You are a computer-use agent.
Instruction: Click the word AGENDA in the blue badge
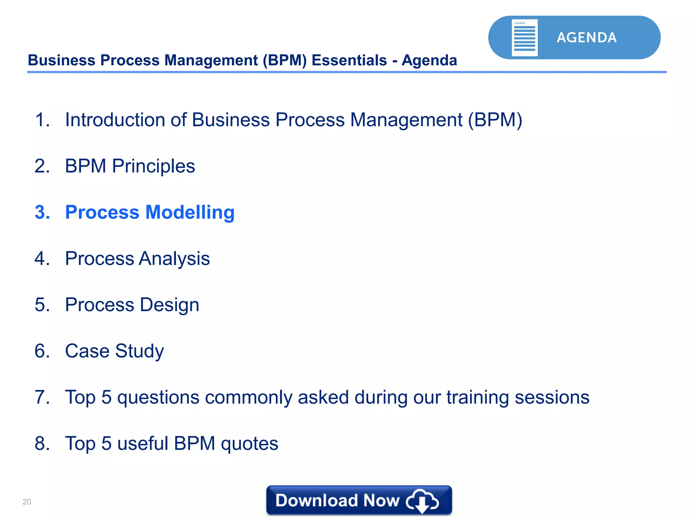coord(586,38)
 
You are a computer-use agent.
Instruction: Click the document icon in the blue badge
coord(524,38)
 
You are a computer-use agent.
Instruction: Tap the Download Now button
coord(359,500)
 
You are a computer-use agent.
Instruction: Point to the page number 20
coord(27,502)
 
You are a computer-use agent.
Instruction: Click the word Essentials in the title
coord(349,60)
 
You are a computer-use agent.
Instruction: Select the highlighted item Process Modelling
coord(150,212)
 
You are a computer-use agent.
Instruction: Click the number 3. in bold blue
coord(42,212)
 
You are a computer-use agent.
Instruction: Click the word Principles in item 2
coord(153,166)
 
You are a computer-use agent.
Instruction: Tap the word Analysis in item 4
coord(174,259)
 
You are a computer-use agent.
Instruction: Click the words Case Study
coord(114,351)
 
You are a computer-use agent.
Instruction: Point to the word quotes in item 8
coord(249,443)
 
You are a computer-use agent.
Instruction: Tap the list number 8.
coord(42,443)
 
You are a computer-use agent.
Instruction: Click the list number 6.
coord(42,351)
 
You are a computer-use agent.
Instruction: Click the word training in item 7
coord(477,397)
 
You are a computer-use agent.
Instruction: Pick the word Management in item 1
coord(406,120)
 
